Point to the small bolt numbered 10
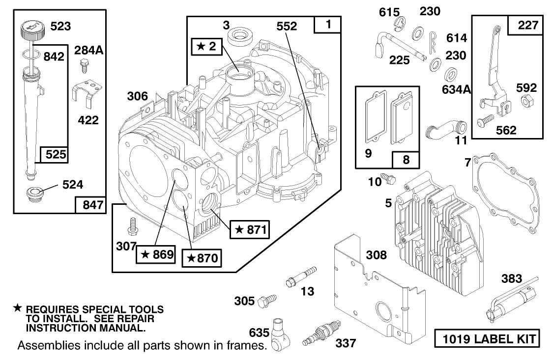point(390,179)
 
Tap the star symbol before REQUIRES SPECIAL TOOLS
point(17,308)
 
